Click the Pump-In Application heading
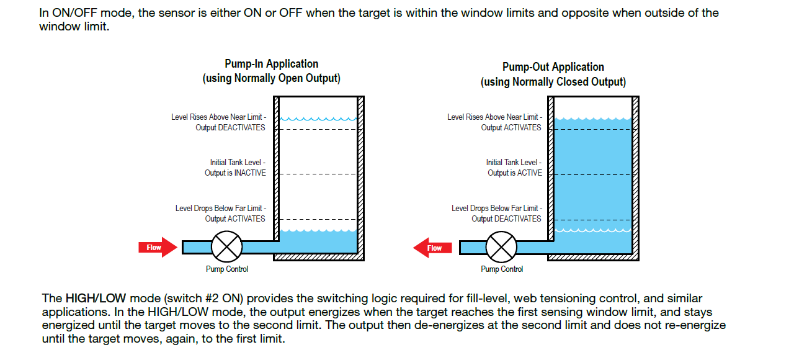click(x=271, y=64)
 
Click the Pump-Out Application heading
click(x=553, y=67)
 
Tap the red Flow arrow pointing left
click(x=432, y=248)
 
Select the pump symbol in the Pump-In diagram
click(x=226, y=247)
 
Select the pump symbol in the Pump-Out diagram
click(x=501, y=248)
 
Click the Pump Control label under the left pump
click(x=227, y=269)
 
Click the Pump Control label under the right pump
click(x=502, y=269)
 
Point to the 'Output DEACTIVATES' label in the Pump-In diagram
click(x=230, y=128)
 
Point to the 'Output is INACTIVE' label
click(x=235, y=173)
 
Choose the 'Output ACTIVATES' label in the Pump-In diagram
click(x=235, y=218)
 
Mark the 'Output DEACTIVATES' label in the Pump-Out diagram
click(x=506, y=218)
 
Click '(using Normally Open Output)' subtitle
click(x=271, y=79)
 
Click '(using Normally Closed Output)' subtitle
click(x=553, y=82)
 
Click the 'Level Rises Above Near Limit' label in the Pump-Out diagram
click(x=494, y=117)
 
